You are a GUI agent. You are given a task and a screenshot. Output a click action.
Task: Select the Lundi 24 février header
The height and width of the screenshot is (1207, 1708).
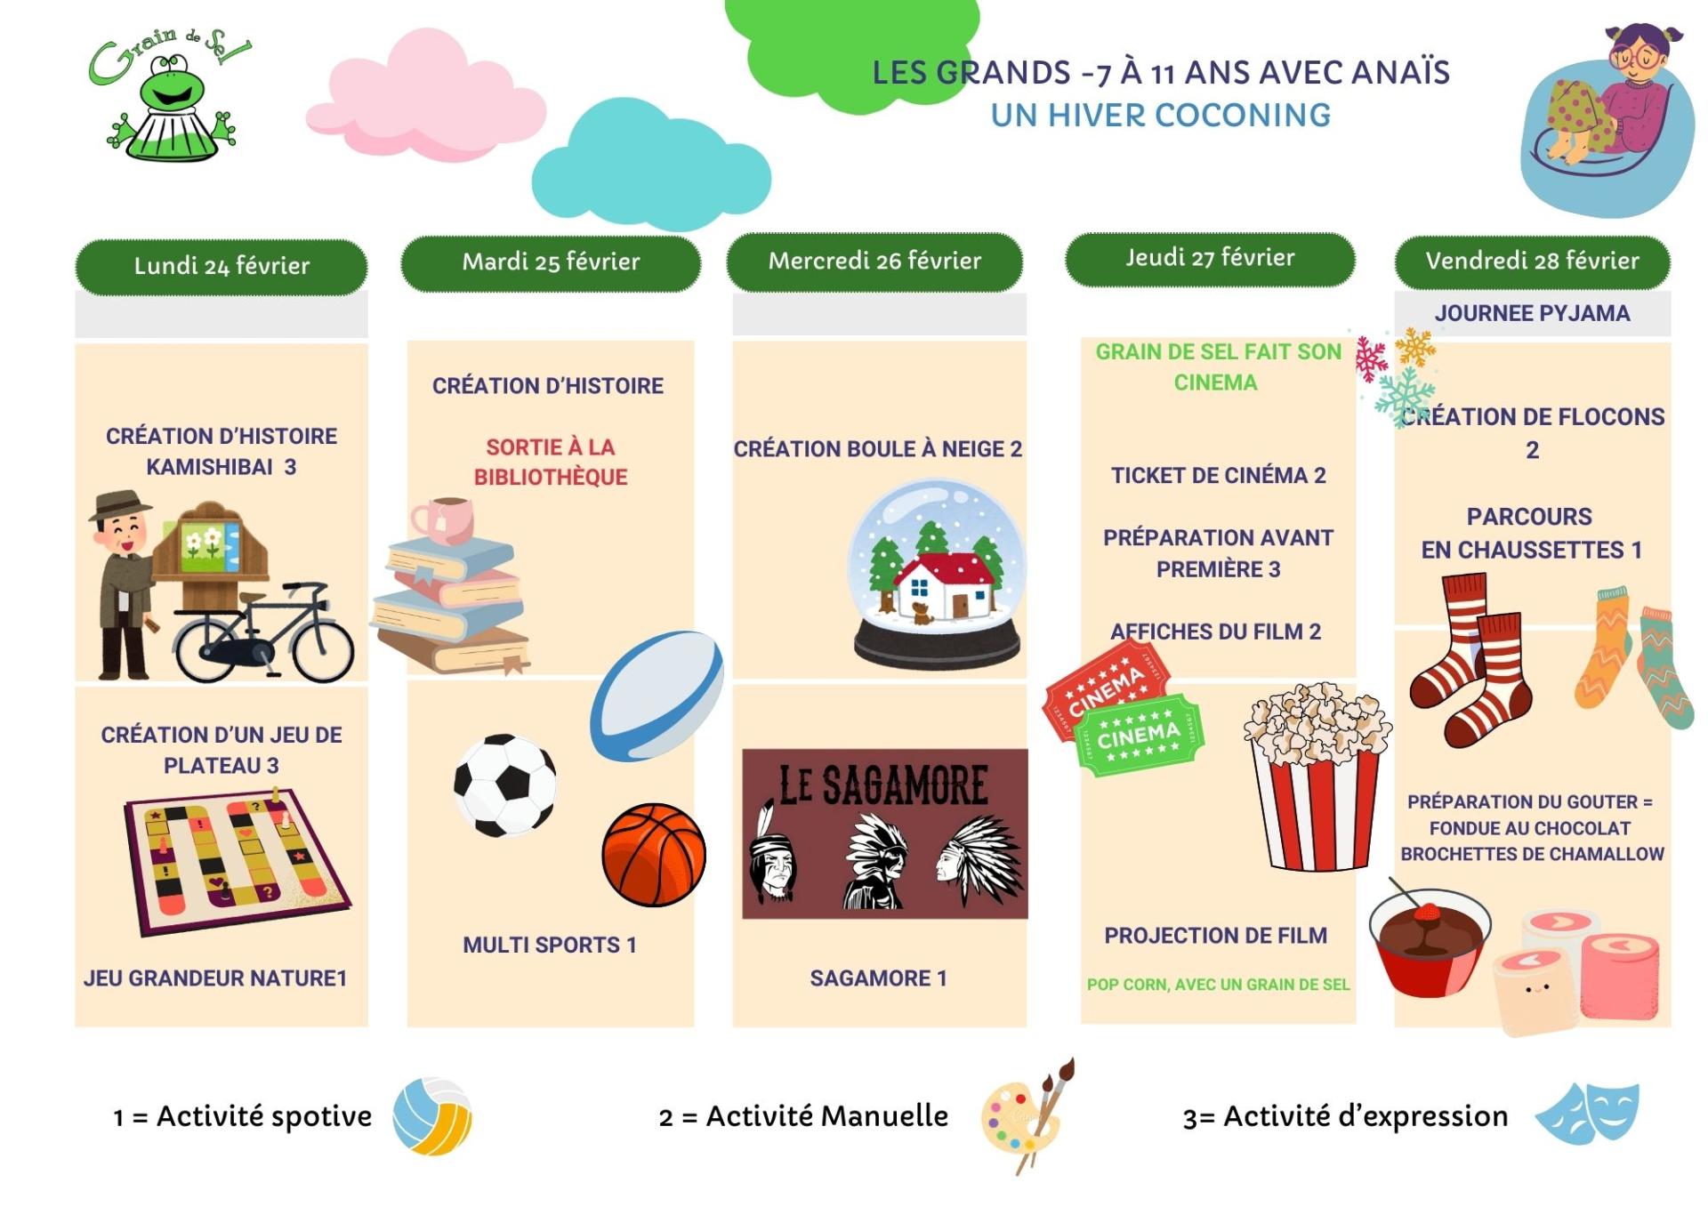[x=222, y=266]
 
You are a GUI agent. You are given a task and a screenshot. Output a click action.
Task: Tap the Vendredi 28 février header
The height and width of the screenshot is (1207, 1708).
[x=1532, y=261]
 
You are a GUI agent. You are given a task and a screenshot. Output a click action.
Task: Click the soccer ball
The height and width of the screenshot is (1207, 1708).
[x=504, y=785]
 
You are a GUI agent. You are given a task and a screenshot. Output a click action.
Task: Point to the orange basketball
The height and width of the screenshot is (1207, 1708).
[x=654, y=855]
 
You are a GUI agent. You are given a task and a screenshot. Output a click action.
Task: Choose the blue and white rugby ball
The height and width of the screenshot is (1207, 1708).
[x=657, y=696]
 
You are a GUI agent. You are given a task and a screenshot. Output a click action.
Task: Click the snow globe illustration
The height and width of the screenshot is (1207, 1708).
[x=937, y=575]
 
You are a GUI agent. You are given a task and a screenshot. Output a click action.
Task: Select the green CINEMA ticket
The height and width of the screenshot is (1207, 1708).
[x=1139, y=735]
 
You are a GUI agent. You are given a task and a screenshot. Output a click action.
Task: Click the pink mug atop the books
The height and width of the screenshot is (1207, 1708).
[x=442, y=519]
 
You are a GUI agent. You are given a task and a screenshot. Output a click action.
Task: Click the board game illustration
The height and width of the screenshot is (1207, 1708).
[x=236, y=861]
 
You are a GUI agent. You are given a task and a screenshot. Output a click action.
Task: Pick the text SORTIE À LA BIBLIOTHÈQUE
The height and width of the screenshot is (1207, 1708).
[x=551, y=462]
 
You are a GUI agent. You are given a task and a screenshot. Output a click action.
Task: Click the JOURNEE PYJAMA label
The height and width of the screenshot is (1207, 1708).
[x=1532, y=313]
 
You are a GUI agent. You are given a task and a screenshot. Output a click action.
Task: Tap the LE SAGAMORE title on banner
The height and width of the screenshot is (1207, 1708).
[x=883, y=785]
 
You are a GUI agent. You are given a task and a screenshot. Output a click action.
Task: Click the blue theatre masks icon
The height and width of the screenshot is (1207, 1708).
[x=1587, y=1113]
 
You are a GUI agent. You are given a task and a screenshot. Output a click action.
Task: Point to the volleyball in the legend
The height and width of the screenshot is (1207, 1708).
[x=432, y=1116]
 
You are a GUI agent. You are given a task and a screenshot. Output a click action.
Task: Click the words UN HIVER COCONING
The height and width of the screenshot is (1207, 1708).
[x=1161, y=115]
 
